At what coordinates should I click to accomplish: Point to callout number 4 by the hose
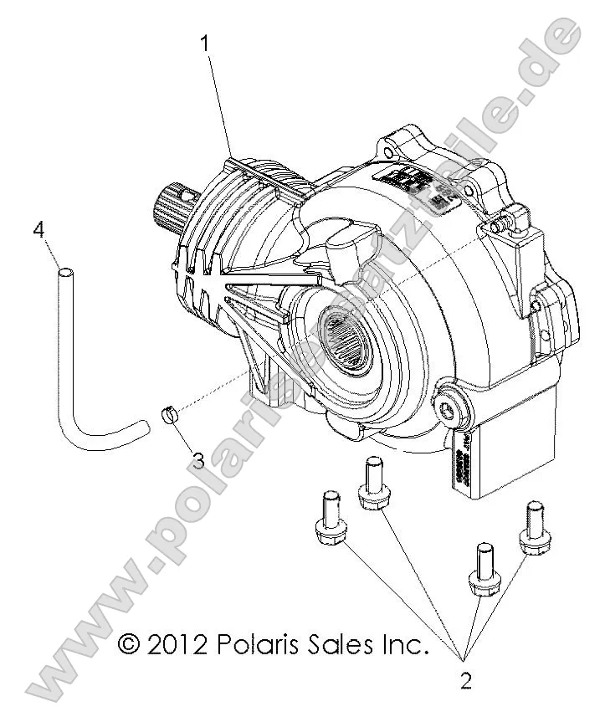(38, 229)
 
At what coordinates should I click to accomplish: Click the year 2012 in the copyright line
(176, 643)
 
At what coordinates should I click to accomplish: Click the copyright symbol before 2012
(128, 643)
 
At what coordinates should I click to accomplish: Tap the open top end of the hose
(63, 271)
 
